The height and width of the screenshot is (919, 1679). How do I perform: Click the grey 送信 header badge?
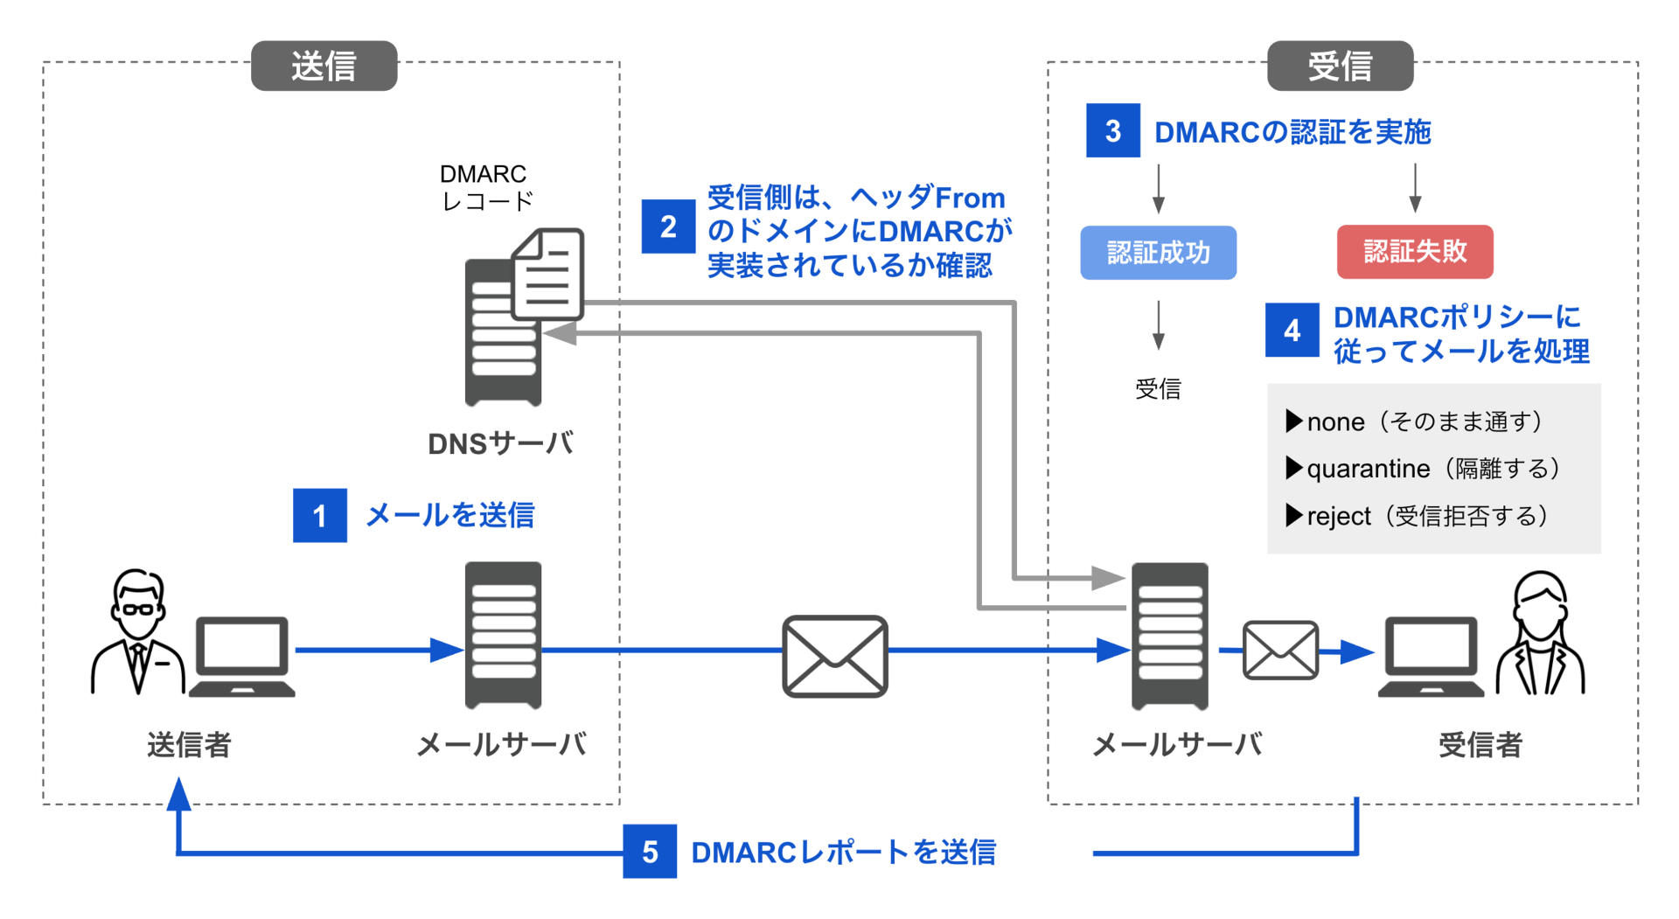(x=324, y=66)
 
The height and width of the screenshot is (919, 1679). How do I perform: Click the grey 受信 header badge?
(x=1340, y=66)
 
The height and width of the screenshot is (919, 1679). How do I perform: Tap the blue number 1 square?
(x=319, y=516)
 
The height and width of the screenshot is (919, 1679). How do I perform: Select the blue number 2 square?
(x=668, y=226)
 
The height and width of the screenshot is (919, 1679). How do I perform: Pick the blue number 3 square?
(x=1112, y=131)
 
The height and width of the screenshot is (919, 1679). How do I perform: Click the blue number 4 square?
(x=1292, y=331)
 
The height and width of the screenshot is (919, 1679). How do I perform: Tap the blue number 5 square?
(x=649, y=852)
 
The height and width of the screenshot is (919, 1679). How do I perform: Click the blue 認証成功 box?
(x=1158, y=253)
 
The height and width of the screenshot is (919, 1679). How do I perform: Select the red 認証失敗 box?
(x=1414, y=252)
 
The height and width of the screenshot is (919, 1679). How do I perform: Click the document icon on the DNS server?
(x=549, y=275)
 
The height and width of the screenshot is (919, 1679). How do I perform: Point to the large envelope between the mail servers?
(x=834, y=656)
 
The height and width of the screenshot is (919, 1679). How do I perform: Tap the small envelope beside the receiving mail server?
(x=1280, y=651)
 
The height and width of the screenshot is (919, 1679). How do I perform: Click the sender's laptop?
(x=242, y=657)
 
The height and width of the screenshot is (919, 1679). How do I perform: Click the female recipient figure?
(x=1540, y=634)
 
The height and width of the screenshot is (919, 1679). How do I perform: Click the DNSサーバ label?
(x=500, y=443)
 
